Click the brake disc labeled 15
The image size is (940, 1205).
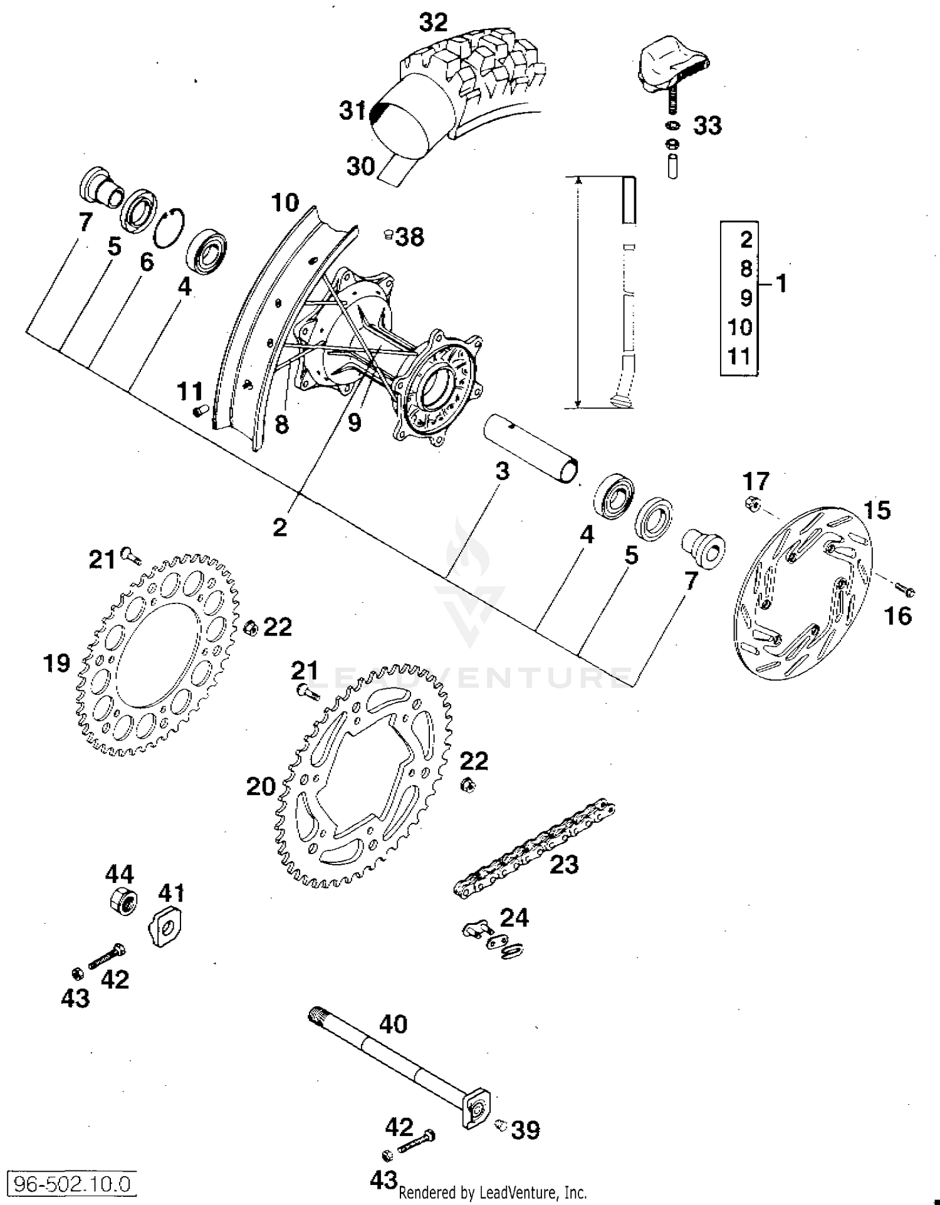pos(803,592)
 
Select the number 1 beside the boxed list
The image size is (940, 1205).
pos(780,283)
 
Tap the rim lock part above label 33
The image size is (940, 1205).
pos(670,66)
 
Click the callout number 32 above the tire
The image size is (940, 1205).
pos(433,23)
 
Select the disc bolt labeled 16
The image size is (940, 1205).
pos(905,590)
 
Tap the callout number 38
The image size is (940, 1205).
pos(410,237)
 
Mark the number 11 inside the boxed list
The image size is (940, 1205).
pos(739,356)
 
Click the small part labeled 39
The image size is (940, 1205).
pos(501,1125)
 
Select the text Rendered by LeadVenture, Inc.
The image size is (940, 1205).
pos(493,1192)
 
